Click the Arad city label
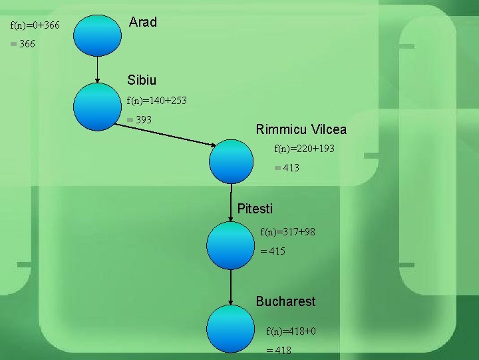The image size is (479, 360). [143, 22]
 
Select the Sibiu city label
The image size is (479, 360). [142, 80]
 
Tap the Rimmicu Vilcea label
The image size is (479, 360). [301, 129]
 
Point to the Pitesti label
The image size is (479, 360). [255, 209]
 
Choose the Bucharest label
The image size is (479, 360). [285, 301]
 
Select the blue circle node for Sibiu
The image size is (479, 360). [97, 106]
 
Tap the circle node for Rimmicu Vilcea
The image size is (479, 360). [232, 161]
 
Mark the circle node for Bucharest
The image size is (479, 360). [230, 330]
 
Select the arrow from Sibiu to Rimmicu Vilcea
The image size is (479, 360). [166, 134]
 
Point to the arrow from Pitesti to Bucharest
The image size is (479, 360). [230, 287]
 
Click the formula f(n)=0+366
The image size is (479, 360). [35, 25]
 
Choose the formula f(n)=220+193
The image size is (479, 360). [305, 149]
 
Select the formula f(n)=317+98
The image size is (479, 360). [288, 232]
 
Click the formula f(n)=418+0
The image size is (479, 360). [291, 331]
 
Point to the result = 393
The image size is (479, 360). [139, 120]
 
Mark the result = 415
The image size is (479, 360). [273, 251]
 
